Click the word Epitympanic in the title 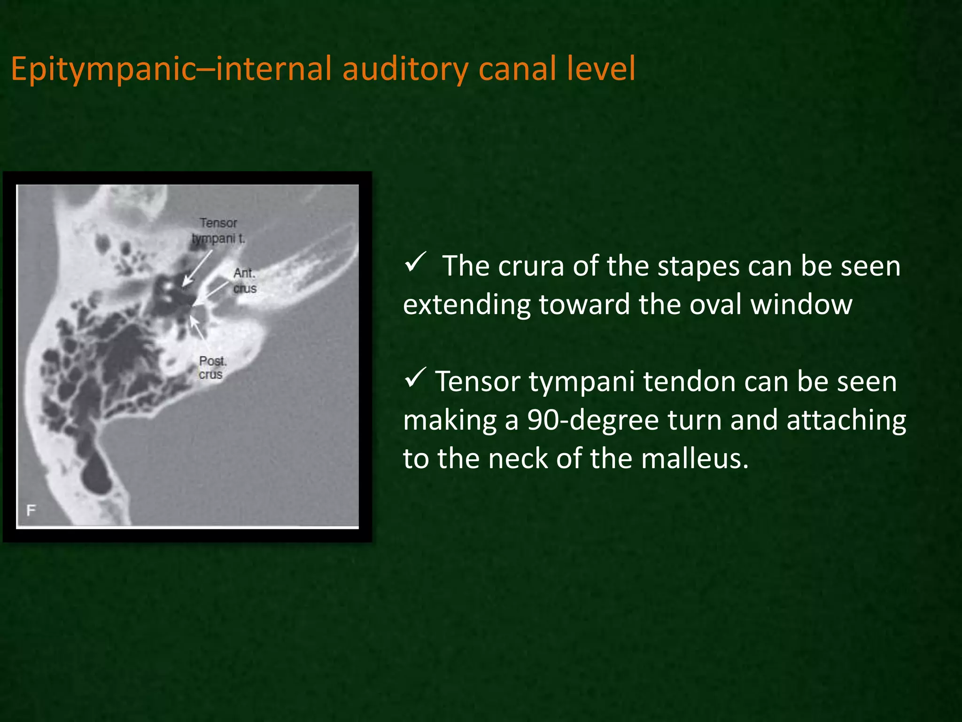point(103,70)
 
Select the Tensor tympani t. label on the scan point(218,230)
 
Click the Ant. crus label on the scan point(245,281)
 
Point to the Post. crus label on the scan point(212,368)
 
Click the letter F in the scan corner point(31,510)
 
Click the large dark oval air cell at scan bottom point(97,474)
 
